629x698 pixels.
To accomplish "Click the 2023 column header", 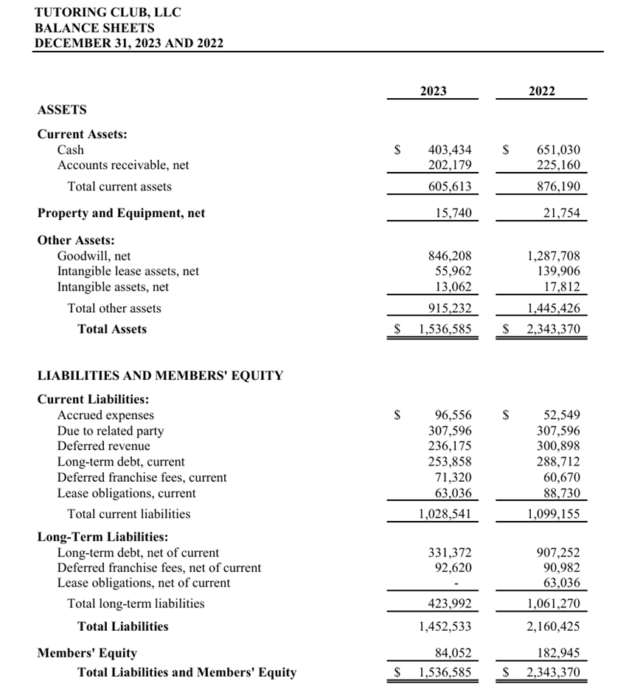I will tap(433, 91).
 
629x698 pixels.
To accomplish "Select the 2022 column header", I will tap(542, 91).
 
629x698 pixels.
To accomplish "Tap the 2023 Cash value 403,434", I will tap(450, 150).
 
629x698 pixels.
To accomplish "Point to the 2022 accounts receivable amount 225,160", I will tap(558, 165).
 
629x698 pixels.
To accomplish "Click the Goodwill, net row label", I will tap(94, 256).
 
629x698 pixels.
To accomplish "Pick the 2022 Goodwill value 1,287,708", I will tap(553, 256).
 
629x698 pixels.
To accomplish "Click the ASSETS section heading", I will tap(62, 110).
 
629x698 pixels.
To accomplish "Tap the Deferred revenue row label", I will tap(103, 446).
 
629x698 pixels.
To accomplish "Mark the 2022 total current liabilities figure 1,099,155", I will tap(553, 514).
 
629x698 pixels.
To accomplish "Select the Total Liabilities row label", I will tap(122, 626).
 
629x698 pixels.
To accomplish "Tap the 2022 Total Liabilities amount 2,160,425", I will tap(553, 626).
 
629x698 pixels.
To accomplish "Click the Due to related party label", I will tap(111, 431).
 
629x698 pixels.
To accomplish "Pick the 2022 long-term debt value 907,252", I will tap(558, 552).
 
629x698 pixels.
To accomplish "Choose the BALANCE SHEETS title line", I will tap(94, 28).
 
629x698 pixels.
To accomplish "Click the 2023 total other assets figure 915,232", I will tap(450, 308).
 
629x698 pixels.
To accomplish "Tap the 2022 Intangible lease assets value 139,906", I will tap(558, 272).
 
